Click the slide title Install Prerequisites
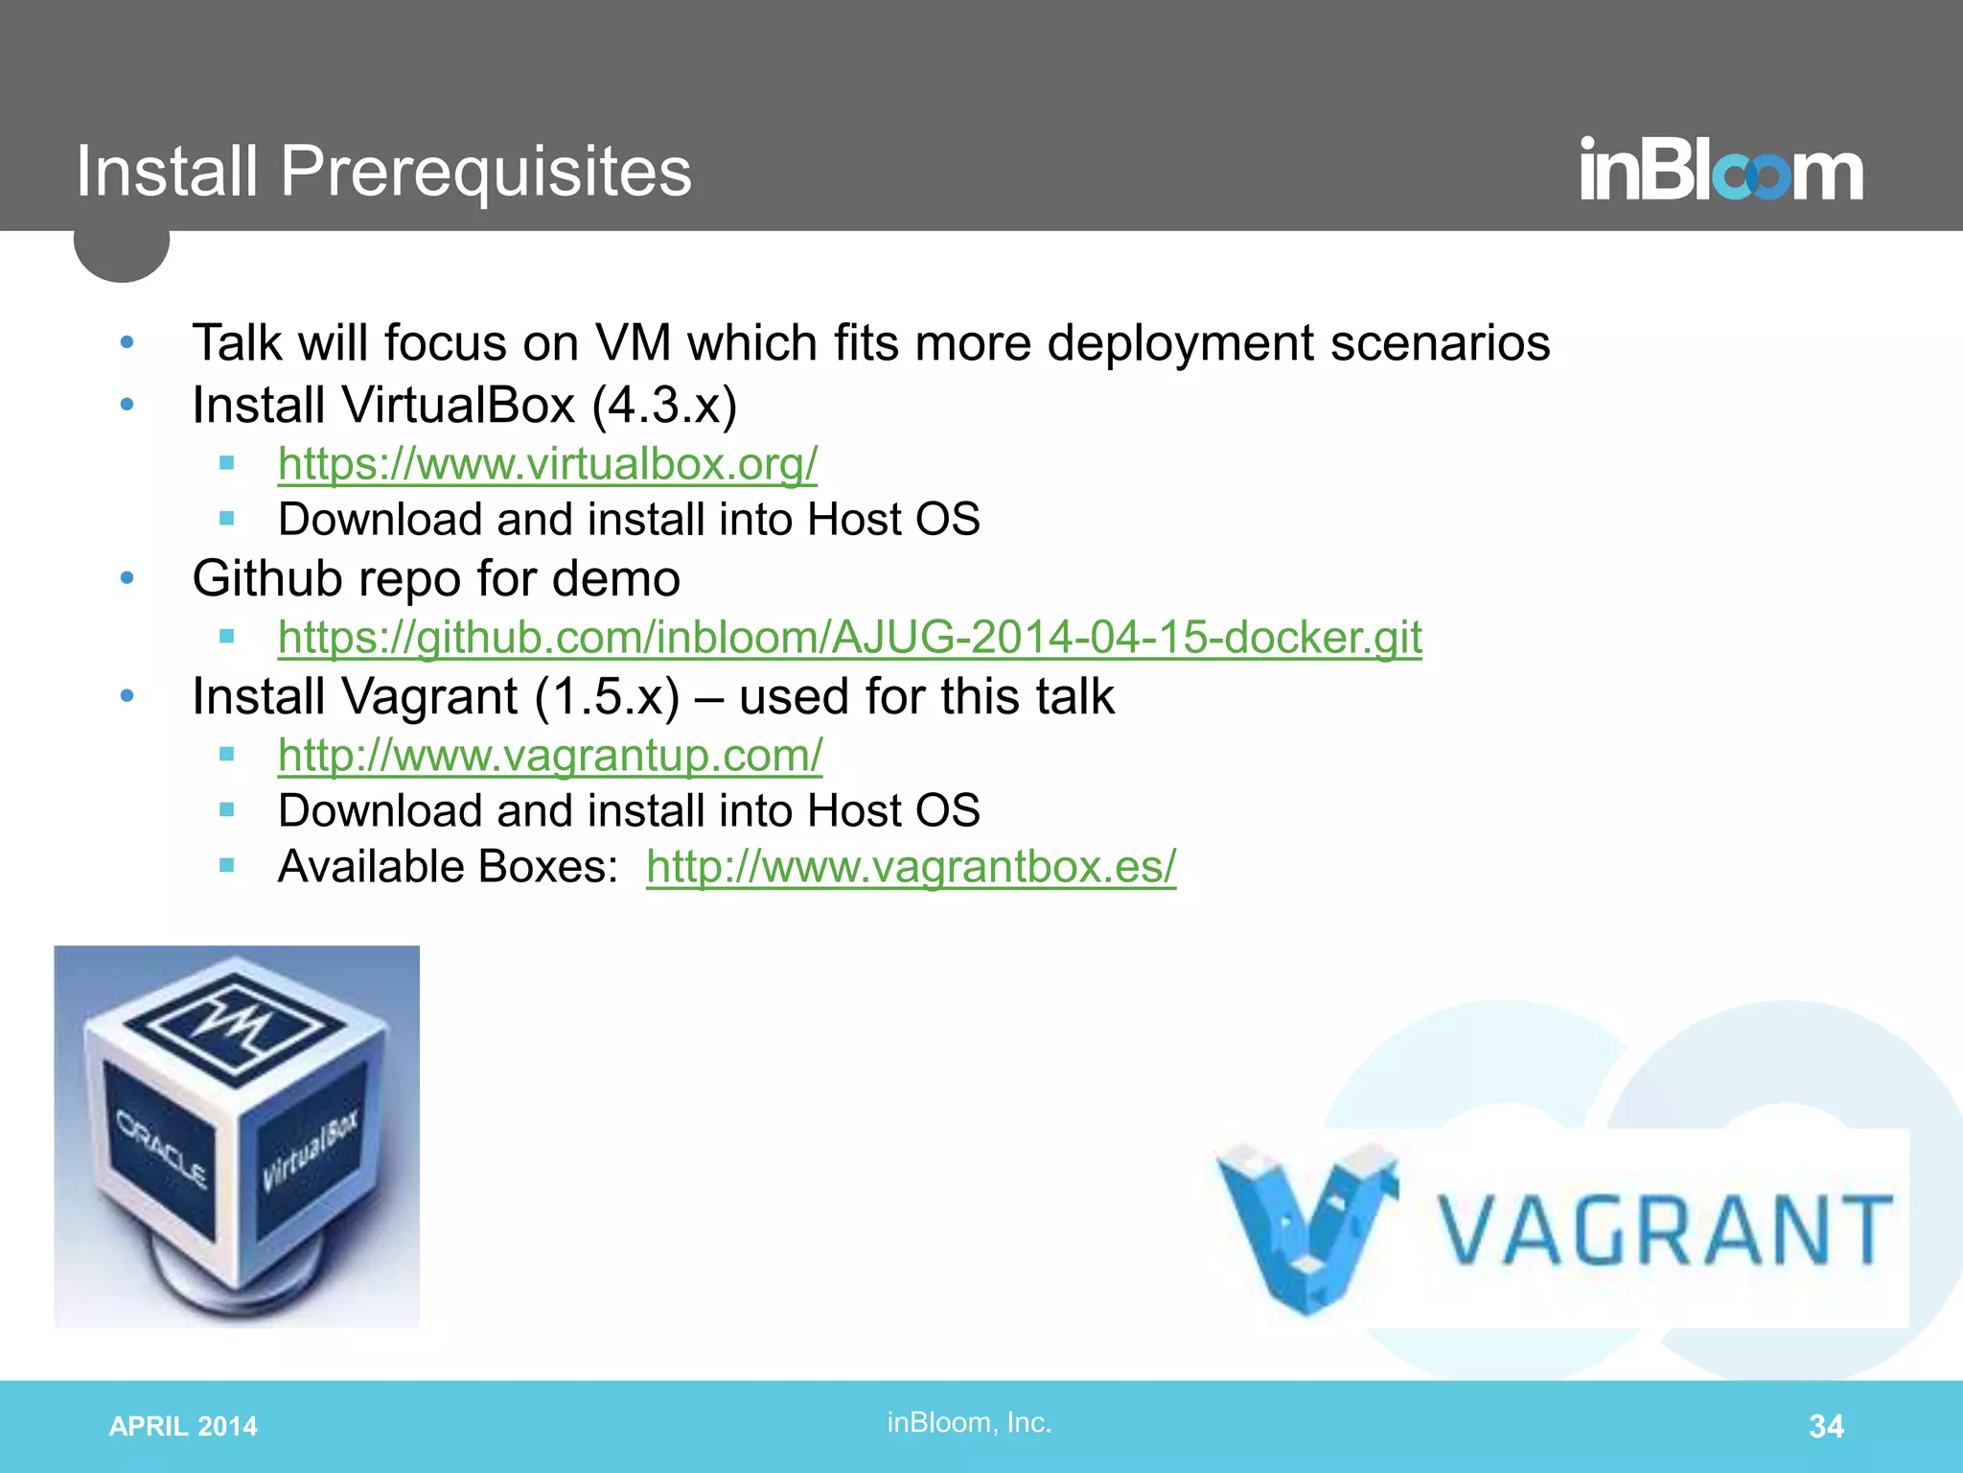pyautogui.click(x=383, y=172)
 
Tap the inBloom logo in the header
pyautogui.click(x=1721, y=170)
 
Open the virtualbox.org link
pyautogui.click(x=547, y=464)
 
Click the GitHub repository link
pyautogui.click(x=849, y=638)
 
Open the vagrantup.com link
pyautogui.click(x=550, y=756)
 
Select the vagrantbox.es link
pyautogui.click(x=911, y=867)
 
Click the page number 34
pyautogui.click(x=1826, y=1426)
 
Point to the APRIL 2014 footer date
pyautogui.click(x=183, y=1427)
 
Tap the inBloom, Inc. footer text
pyautogui.click(x=969, y=1422)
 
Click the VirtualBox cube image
pyautogui.click(x=237, y=1136)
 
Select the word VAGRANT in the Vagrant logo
pyautogui.click(x=1667, y=1230)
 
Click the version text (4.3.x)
pyautogui.click(x=664, y=405)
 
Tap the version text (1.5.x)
pyautogui.click(x=607, y=696)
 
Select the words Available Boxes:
pyautogui.click(x=448, y=867)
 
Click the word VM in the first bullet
pyautogui.click(x=632, y=342)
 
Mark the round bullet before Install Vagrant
pyautogui.click(x=127, y=696)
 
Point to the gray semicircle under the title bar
pyautogui.click(x=122, y=255)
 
